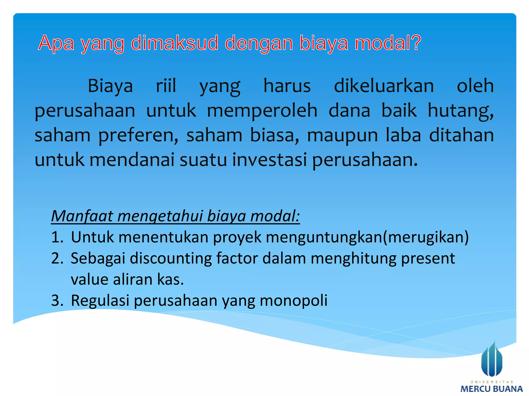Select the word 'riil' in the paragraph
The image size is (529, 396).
tap(166, 86)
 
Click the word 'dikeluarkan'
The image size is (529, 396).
tap(384, 86)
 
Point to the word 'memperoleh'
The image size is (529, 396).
tap(262, 110)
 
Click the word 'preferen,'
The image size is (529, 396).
tap(138, 135)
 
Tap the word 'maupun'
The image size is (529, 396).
tap(342, 135)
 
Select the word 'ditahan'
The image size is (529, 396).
tap(461, 135)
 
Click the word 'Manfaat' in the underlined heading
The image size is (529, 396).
tap(82, 216)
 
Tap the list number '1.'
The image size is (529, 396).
tap(57, 237)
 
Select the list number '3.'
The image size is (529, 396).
tap(57, 300)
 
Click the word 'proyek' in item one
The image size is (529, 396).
tap(237, 237)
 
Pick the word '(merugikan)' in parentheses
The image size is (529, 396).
tap(426, 237)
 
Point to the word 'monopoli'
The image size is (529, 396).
tap(293, 300)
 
